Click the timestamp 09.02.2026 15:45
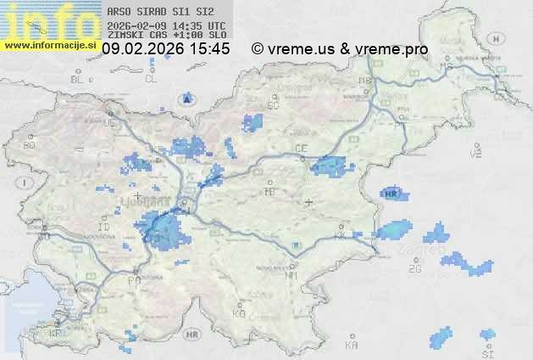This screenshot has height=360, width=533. [165, 48]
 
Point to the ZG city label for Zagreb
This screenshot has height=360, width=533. [414, 269]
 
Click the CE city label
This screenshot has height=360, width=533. [300, 149]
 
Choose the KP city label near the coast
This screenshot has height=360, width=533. [55, 334]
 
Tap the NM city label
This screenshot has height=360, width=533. [291, 275]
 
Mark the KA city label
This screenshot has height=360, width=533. [352, 346]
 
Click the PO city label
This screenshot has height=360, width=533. [134, 280]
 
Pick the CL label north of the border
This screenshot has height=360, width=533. [151, 79]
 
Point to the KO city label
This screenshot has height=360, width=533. [239, 313]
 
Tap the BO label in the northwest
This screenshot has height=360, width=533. [30, 145]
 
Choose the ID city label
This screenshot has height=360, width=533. [104, 228]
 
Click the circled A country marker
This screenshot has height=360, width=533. [186, 99]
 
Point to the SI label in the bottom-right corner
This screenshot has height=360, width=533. [487, 352]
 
